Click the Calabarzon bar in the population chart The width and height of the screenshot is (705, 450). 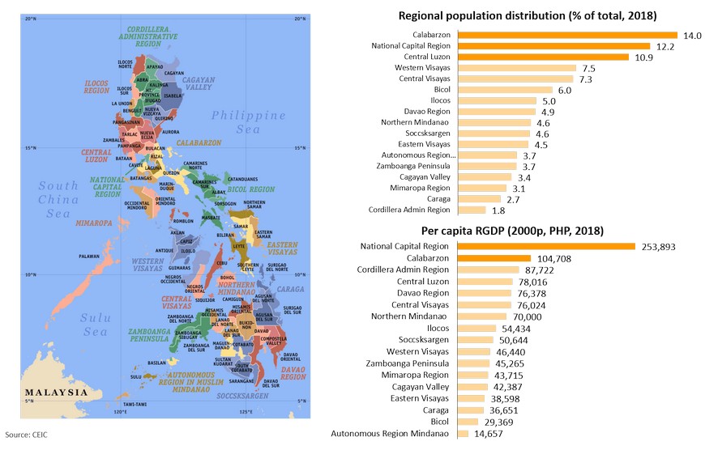coord(567,35)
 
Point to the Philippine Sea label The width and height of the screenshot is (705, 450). coord(249,122)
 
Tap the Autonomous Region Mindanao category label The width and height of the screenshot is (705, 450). coord(390,434)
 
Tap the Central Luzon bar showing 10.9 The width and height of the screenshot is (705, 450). coord(544,57)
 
